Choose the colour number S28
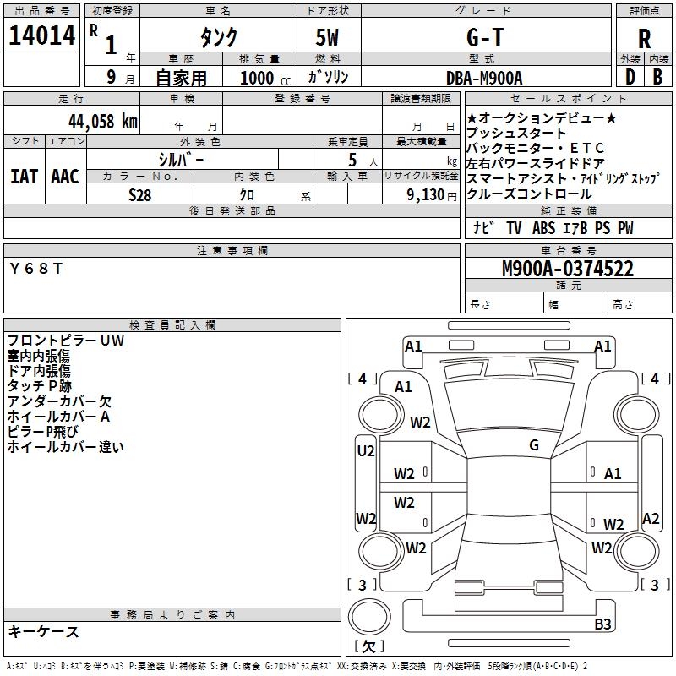coord(141,194)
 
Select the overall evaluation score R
coord(644,38)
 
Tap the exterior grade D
coord(630,77)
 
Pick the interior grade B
coord(657,77)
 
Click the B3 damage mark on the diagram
coord(603,624)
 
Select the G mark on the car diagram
coord(533,445)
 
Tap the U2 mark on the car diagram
coord(366,451)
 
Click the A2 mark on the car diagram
coord(651,519)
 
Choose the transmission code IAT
coord(25,176)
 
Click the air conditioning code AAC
coord(65,176)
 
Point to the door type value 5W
coord(329,38)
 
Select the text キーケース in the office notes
coord(44,631)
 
